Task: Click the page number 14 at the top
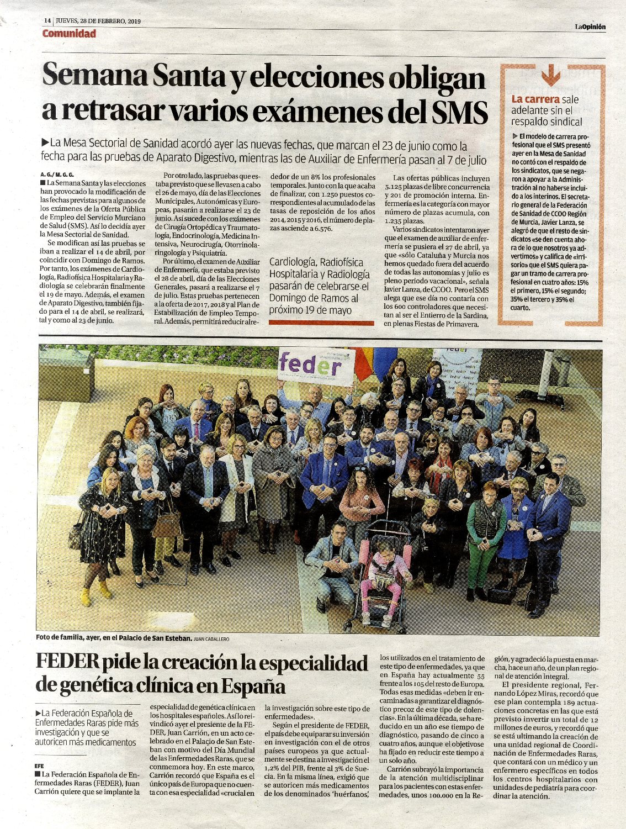click(47, 21)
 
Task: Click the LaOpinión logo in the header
click(590, 27)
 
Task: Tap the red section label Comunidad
click(69, 34)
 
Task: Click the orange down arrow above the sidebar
click(550, 76)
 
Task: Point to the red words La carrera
click(535, 99)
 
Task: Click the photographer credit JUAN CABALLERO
click(211, 638)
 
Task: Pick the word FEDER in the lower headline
click(67, 663)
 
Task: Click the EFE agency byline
click(39, 766)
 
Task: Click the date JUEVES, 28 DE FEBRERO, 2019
click(98, 21)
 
